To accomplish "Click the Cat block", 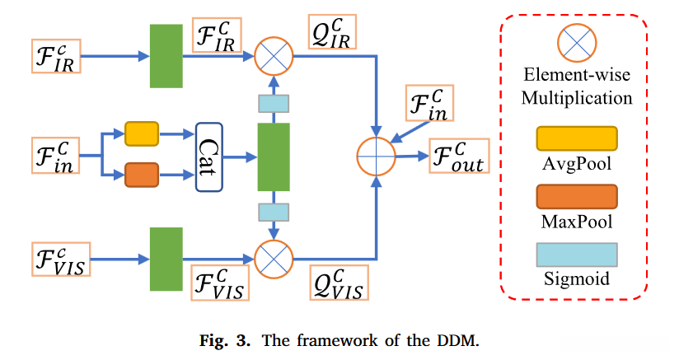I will coord(210,156).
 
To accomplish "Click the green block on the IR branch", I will coord(166,56).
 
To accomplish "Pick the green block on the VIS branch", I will coord(166,259).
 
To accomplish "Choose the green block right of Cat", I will coord(274,156).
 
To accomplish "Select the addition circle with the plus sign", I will coord(376,156).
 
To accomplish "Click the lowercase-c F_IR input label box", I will coord(57,56).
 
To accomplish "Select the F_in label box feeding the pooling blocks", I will coord(57,157).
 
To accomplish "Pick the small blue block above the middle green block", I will coord(274,104).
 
